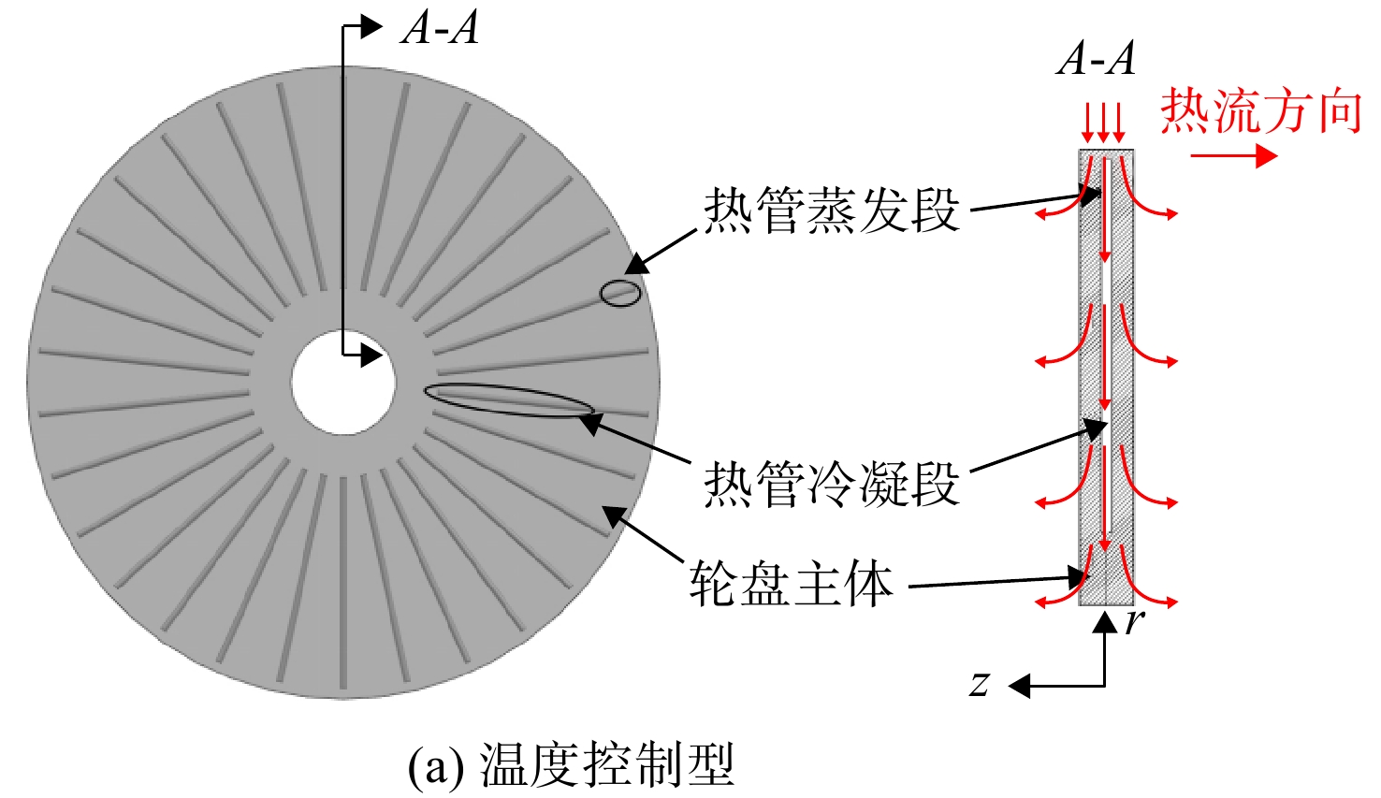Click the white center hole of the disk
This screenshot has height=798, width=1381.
coord(343,383)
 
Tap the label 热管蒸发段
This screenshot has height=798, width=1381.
coord(832,210)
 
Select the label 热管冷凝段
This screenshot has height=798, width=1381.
coord(832,484)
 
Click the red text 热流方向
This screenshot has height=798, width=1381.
coord(1261,111)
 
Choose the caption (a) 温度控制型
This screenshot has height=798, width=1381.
coord(571,764)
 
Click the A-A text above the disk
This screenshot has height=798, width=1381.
coord(440,28)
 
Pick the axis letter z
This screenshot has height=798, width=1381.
coord(979,684)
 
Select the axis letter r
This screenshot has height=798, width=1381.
coord(1134,621)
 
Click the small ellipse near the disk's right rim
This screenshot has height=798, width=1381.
coord(620,294)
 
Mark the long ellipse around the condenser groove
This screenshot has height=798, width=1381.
coord(509,399)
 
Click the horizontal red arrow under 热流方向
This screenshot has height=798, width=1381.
coord(1234,156)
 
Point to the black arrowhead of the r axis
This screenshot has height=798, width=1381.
coord(1105,623)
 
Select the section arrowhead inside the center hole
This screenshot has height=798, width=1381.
coord(371,355)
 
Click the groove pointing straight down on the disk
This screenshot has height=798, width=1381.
coord(343,583)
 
